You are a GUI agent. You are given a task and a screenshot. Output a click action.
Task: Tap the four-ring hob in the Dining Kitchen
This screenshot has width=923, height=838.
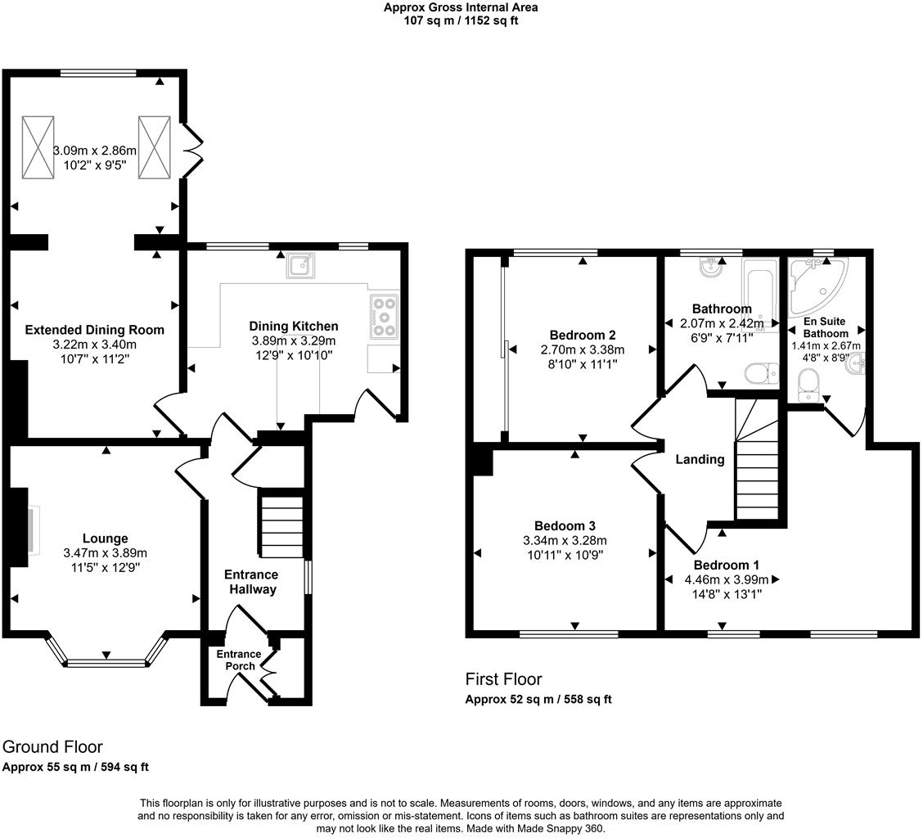384,316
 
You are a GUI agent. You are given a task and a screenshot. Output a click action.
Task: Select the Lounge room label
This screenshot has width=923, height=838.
105,538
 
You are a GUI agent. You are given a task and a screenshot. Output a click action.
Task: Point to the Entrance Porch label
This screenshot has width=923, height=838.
238,660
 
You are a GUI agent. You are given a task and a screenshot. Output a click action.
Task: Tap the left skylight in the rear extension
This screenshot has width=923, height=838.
38,146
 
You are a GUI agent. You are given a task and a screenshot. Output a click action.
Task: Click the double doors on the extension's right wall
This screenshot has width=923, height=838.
191,151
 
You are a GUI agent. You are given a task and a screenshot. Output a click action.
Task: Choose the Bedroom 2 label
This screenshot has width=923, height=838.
582,335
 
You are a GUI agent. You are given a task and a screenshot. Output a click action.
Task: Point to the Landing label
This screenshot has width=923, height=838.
700,459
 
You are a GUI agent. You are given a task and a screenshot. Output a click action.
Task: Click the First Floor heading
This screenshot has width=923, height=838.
503,679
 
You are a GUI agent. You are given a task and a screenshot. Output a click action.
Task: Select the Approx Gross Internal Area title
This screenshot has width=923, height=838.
461,7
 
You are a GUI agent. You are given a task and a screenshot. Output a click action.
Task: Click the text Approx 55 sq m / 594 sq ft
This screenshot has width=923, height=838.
75,767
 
